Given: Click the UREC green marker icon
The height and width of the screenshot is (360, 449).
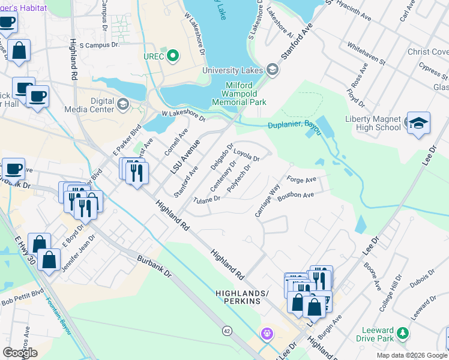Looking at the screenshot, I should pyautogui.click(x=173, y=56).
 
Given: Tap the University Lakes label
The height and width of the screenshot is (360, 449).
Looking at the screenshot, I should pyautogui.click(x=232, y=71).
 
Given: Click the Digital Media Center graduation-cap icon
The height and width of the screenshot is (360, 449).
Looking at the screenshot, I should pyautogui.click(x=123, y=105).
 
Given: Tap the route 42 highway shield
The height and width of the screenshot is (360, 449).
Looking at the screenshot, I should pyautogui.click(x=226, y=330).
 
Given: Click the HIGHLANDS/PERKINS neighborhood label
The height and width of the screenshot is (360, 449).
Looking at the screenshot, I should pyautogui.click(x=238, y=296).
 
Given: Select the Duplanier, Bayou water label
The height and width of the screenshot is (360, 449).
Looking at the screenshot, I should pyautogui.click(x=291, y=123).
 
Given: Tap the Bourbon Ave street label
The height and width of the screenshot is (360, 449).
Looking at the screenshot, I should pyautogui.click(x=296, y=195).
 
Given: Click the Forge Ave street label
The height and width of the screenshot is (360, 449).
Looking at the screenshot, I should pyautogui.click(x=301, y=179).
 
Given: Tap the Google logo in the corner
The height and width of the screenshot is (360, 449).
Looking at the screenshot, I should pyautogui.click(x=20, y=352).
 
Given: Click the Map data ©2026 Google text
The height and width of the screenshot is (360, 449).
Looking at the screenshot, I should pyautogui.click(x=412, y=355).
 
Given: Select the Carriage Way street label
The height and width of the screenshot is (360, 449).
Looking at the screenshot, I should pyautogui.click(x=268, y=202).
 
